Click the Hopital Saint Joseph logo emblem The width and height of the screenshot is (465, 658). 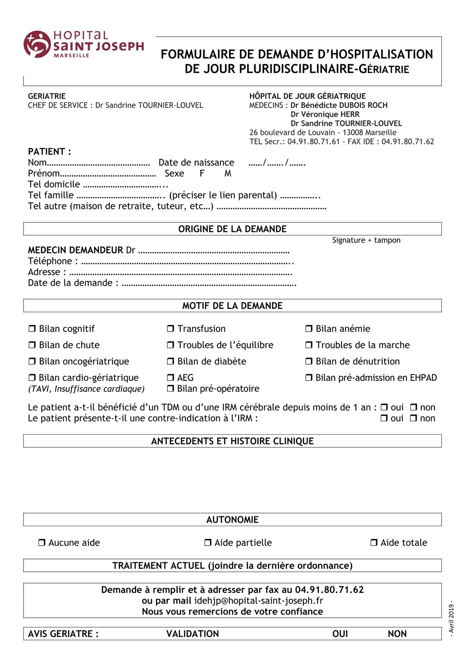pyautogui.click(x=37, y=44)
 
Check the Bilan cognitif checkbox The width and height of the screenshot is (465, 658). pyautogui.click(x=32, y=329)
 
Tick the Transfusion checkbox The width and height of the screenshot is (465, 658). pyautogui.click(x=170, y=329)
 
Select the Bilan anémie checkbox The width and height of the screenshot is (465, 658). pyautogui.click(x=309, y=329)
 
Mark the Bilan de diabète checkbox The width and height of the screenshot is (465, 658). pyautogui.click(x=170, y=361)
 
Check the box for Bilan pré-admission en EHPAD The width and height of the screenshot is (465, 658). pyautogui.click(x=309, y=378)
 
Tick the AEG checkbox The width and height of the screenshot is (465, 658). pyautogui.click(x=170, y=378)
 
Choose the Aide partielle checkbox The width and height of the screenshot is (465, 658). pyautogui.click(x=208, y=543)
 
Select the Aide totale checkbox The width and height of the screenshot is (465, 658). pyautogui.click(x=374, y=543)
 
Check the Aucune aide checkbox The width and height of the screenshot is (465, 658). pyautogui.click(x=42, y=543)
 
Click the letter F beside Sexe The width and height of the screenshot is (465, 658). pyautogui.click(x=202, y=173)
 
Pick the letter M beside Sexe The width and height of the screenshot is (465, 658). pyautogui.click(x=228, y=173)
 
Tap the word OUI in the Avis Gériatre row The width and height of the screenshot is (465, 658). pyautogui.click(x=340, y=634)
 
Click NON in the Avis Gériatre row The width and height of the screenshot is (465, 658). pyautogui.click(x=397, y=634)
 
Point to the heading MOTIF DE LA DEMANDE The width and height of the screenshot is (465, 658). pyautogui.click(x=232, y=306)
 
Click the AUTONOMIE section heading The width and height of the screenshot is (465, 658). pyautogui.click(x=232, y=519)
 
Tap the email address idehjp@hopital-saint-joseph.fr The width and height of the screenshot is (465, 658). pyautogui.click(x=259, y=600)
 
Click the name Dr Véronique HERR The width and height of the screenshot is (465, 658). pyautogui.click(x=325, y=114)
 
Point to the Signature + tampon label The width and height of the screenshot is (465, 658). pyautogui.click(x=366, y=240)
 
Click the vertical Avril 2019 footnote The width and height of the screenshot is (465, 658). pyautogui.click(x=451, y=618)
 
